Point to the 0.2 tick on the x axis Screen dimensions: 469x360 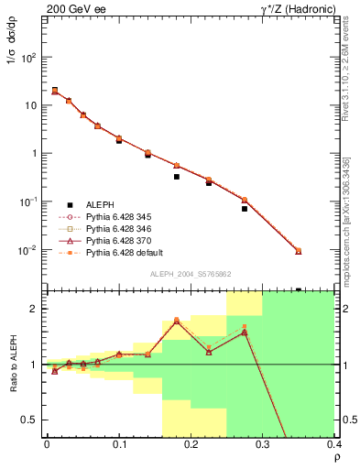[191, 445]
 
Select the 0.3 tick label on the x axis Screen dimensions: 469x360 [263, 445]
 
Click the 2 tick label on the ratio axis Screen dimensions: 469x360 [35, 309]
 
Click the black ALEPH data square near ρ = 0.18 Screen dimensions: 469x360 [176, 177]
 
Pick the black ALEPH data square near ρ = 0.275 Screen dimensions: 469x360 [245, 209]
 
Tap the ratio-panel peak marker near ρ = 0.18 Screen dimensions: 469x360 [176, 321]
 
